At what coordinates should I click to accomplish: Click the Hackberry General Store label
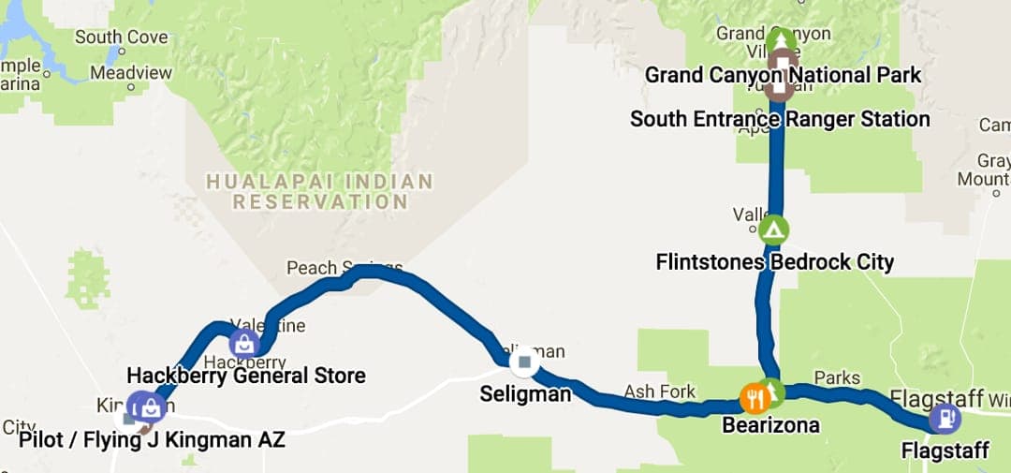[x=245, y=377]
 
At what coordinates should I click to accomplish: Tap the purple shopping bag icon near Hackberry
[x=244, y=343]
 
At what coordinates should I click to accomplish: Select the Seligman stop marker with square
[x=524, y=362]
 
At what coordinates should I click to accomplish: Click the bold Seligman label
[x=525, y=394]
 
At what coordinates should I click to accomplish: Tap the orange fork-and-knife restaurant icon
[x=755, y=398]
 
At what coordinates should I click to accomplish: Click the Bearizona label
[x=770, y=425]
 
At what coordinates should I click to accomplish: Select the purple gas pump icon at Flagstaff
[x=945, y=418]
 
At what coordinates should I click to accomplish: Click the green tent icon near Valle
[x=774, y=229]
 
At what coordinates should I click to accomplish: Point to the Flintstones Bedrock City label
[x=775, y=261]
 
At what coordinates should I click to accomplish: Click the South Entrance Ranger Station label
[x=780, y=119]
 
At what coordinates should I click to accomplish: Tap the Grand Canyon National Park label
[x=784, y=74]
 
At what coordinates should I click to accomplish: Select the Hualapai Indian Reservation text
[x=319, y=191]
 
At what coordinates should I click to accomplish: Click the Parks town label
[x=836, y=377]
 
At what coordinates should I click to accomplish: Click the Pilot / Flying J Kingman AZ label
[x=152, y=440]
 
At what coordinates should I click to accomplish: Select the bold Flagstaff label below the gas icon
[x=945, y=451]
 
